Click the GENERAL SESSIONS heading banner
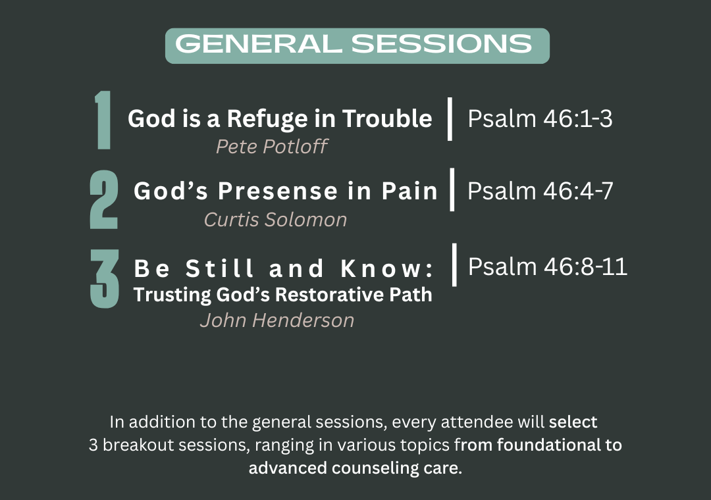click(357, 46)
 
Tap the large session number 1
click(103, 120)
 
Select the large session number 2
click(104, 199)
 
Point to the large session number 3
click(104, 279)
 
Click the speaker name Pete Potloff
click(272, 147)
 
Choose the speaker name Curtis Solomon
click(275, 220)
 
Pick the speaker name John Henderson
click(277, 320)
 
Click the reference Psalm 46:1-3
click(540, 119)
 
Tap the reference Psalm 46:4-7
click(540, 191)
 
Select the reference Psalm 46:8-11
click(548, 266)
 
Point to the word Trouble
click(387, 119)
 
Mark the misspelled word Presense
click(278, 191)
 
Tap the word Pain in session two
click(409, 191)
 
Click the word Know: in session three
click(387, 268)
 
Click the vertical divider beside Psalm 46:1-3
click(450, 119)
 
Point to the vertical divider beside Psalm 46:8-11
click(454, 265)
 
